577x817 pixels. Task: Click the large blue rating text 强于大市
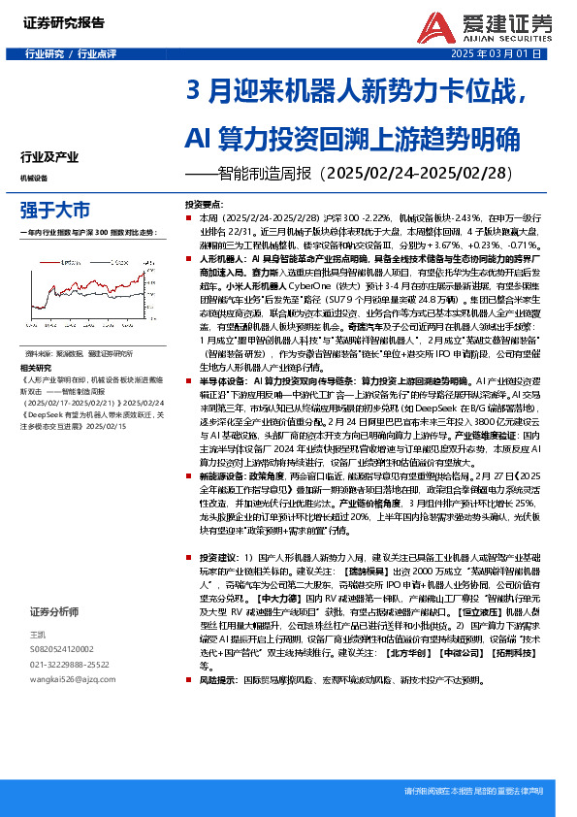[x=55, y=210]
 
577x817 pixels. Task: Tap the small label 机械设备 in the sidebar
[x=34, y=179]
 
